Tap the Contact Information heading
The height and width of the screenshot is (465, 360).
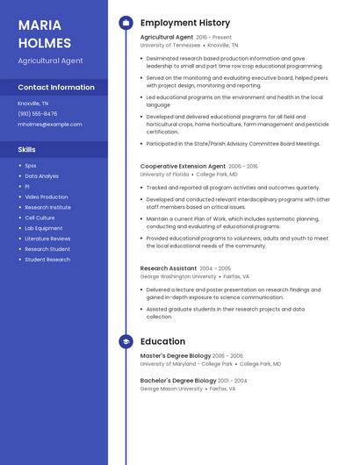(x=56, y=87)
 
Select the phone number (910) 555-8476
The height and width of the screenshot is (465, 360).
(x=38, y=113)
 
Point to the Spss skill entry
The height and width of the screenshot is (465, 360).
(x=31, y=165)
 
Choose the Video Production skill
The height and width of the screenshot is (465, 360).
(x=47, y=197)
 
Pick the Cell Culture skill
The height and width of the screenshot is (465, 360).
(x=40, y=218)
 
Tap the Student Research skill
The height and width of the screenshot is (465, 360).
(x=47, y=260)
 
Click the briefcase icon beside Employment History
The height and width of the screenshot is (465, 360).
(x=126, y=23)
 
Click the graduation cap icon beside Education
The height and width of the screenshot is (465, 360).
(x=126, y=341)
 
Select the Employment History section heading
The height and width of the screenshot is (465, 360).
(x=185, y=23)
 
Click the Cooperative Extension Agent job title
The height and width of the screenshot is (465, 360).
(x=183, y=166)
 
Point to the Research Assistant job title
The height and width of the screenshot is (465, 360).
(x=169, y=268)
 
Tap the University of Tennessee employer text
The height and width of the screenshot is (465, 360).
(x=170, y=45)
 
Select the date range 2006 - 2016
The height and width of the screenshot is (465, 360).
(x=243, y=166)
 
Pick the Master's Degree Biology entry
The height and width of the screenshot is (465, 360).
(x=176, y=355)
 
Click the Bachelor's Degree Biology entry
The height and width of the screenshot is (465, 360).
(x=177, y=380)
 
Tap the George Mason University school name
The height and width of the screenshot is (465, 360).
(x=171, y=388)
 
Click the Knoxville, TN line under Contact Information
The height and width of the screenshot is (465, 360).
(x=33, y=103)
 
